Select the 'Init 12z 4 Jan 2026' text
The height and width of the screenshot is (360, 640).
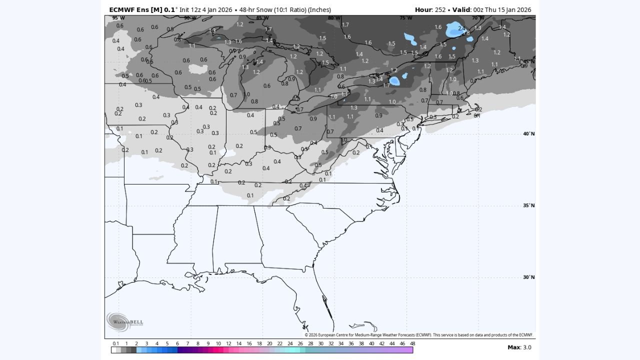206,9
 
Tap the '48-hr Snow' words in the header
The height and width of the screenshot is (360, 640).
255,9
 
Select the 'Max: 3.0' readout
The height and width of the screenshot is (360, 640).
519,347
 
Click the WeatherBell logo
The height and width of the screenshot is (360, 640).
118,321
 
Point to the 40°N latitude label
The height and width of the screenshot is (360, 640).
528,133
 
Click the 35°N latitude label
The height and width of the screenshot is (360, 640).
528,205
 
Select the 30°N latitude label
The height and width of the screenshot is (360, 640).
528,277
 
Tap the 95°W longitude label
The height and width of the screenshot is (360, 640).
118,18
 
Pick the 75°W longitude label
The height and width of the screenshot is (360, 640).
406,18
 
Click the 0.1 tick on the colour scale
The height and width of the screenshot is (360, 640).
116,343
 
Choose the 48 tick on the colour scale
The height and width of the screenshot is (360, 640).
412,343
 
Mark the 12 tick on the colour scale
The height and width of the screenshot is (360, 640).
228,343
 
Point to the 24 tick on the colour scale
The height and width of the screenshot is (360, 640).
290,343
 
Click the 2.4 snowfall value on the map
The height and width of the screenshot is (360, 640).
461,28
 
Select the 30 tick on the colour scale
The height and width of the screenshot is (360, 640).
320,343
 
